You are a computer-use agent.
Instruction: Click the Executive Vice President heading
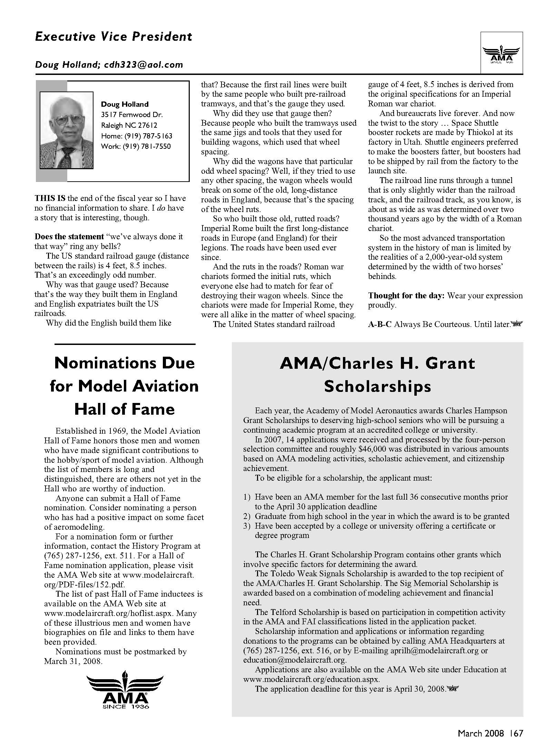point(114,37)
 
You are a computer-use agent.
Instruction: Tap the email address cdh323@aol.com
point(143,65)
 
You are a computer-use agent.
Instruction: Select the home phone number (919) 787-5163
point(137,136)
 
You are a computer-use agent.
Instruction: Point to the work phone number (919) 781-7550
point(136,146)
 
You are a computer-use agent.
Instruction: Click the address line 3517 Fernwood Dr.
point(132,115)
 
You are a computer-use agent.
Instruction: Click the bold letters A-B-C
point(380,325)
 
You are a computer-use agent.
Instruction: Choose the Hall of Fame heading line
point(125,410)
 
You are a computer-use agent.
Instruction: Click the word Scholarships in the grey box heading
point(377,387)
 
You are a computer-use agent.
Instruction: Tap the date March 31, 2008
point(73,661)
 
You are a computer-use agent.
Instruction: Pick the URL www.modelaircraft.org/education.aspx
point(311,679)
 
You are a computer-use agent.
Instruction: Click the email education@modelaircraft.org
point(295,660)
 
